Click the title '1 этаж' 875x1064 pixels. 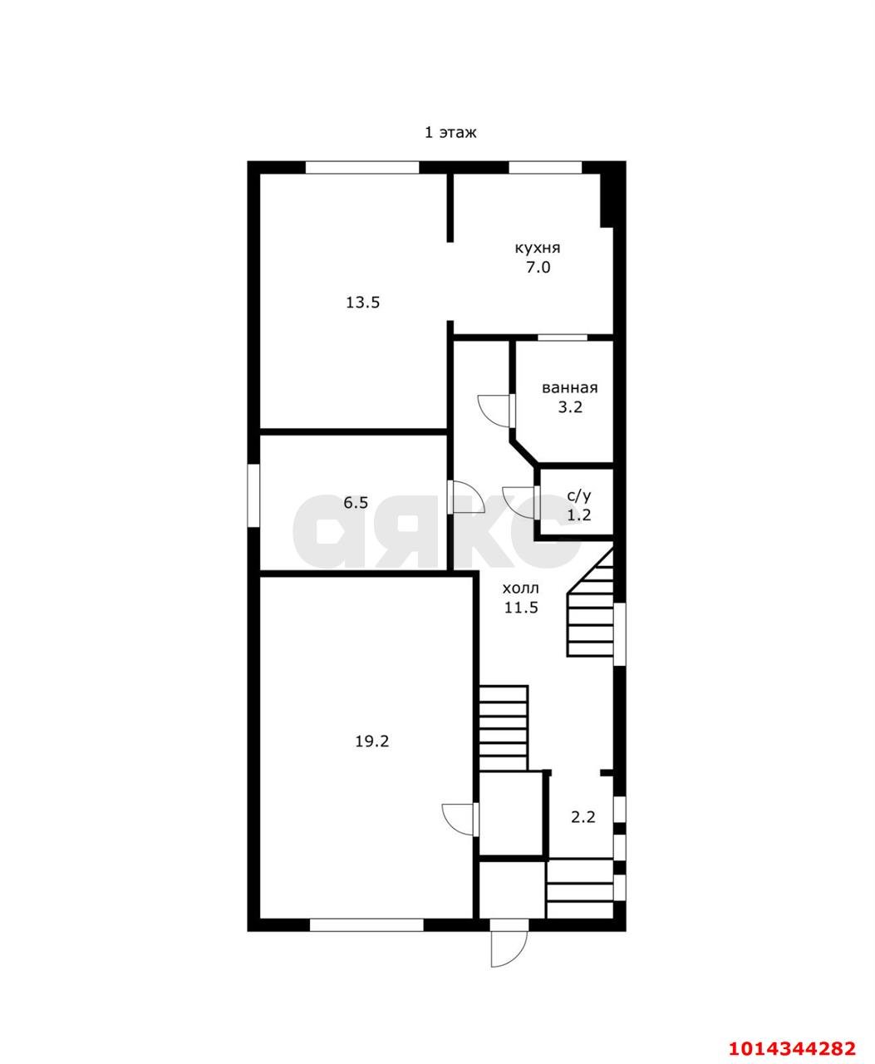tap(450, 133)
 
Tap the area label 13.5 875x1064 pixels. tap(362, 303)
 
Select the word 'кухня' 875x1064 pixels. tap(537, 249)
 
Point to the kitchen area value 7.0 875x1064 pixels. tap(538, 268)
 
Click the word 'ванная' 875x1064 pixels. tap(570, 388)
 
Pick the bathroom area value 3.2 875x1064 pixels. tap(570, 406)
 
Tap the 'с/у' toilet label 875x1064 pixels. tap(579, 496)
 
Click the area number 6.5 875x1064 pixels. tap(356, 503)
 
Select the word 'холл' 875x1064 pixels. tap(521, 589)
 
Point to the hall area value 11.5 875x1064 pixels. tap(522, 608)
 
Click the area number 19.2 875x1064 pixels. tap(372, 741)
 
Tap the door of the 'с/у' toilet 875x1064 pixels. tap(520, 502)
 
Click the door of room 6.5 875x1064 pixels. tap(466, 497)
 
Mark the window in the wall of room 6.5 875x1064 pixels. tap(253, 496)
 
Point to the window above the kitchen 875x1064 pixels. tap(545, 167)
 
